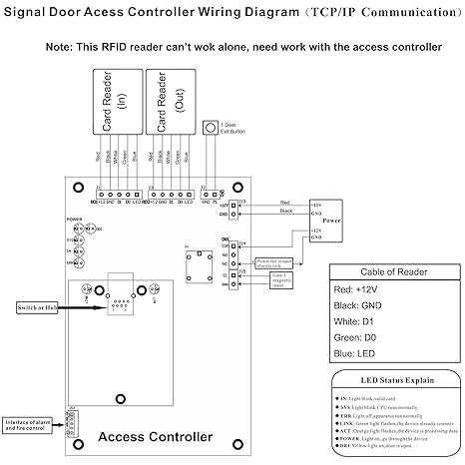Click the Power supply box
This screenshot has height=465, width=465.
pos(327,217)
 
